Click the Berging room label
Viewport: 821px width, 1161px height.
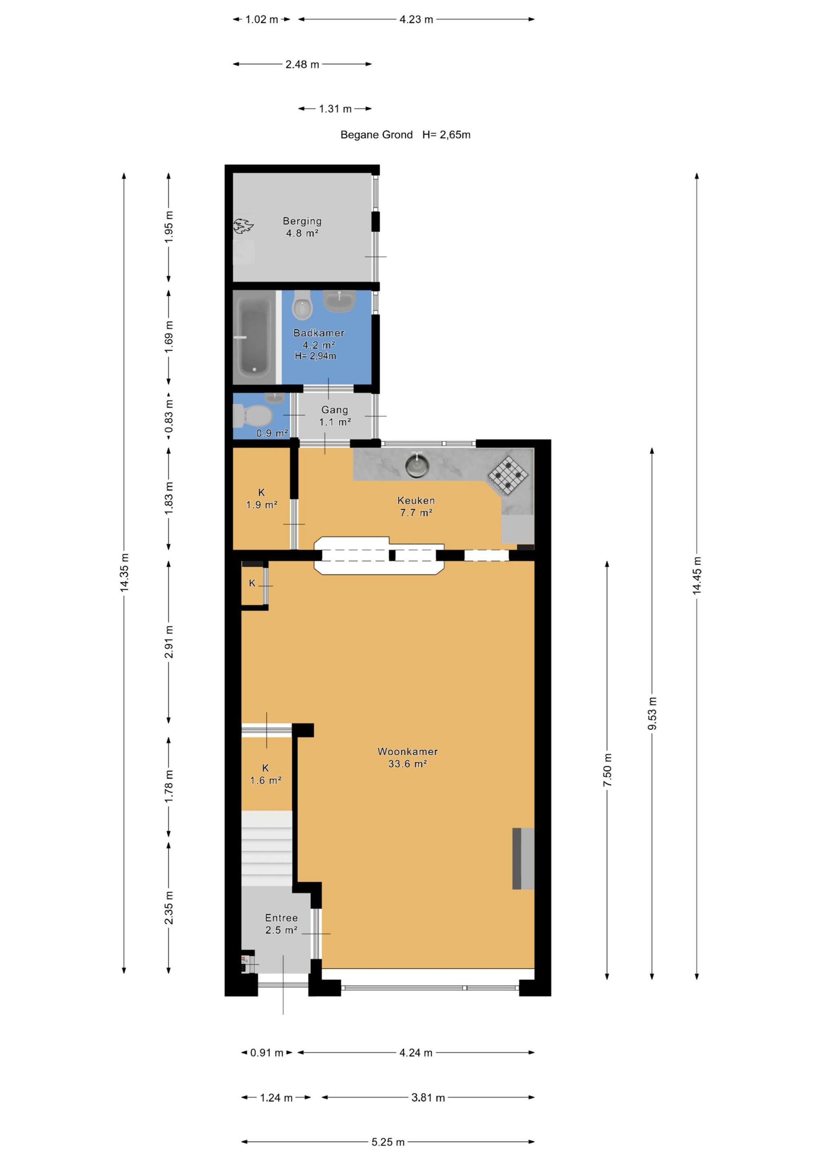(x=302, y=221)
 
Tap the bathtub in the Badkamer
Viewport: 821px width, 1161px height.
(x=254, y=337)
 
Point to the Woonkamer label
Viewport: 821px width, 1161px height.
(x=407, y=751)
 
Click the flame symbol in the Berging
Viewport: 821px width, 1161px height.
(x=243, y=225)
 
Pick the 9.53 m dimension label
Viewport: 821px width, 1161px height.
(x=652, y=713)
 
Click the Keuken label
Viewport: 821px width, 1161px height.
(x=416, y=501)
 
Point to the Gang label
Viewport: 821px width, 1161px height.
(x=334, y=410)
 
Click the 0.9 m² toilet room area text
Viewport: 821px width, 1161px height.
(x=272, y=433)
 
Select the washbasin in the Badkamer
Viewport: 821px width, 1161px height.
(x=339, y=300)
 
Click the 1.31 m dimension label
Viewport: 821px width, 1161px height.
(x=335, y=109)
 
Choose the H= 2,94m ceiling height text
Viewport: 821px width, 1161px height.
(x=316, y=356)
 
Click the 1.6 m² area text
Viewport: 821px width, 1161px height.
(x=266, y=780)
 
